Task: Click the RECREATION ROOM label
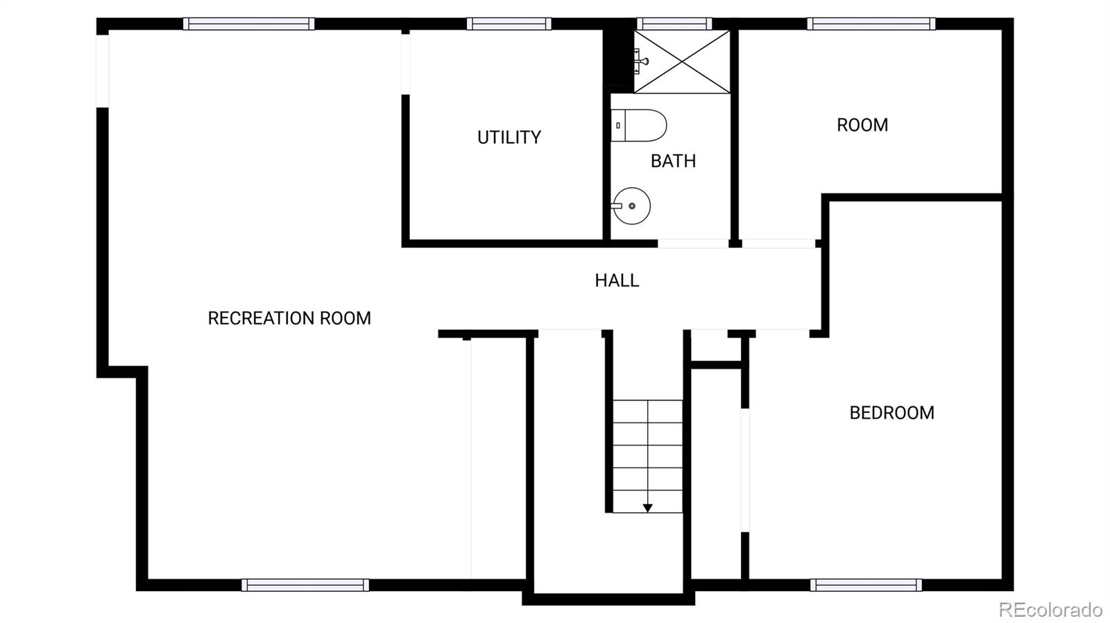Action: pyautogui.click(x=289, y=318)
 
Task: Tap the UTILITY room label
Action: pyautogui.click(x=509, y=137)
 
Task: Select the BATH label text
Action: pyautogui.click(x=673, y=161)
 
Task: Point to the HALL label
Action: pyautogui.click(x=617, y=280)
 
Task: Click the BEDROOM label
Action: pyautogui.click(x=891, y=413)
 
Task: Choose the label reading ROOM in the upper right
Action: pyautogui.click(x=862, y=125)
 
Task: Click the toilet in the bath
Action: pyautogui.click(x=639, y=125)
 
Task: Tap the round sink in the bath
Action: pyautogui.click(x=631, y=206)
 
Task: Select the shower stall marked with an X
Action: pyautogui.click(x=683, y=62)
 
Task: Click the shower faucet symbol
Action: pyautogui.click(x=641, y=62)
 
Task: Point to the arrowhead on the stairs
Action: pyautogui.click(x=647, y=508)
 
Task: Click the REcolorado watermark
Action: pyautogui.click(x=1050, y=609)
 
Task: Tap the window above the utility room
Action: pyautogui.click(x=509, y=24)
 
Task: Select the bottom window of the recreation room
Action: pyautogui.click(x=305, y=585)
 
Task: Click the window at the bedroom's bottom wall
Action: pyautogui.click(x=866, y=585)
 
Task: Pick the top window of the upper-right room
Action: pyautogui.click(x=871, y=24)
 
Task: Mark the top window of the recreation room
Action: pyautogui.click(x=248, y=24)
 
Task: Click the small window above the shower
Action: pyautogui.click(x=674, y=24)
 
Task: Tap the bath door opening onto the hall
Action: pyautogui.click(x=693, y=243)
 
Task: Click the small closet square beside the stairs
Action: pyautogui.click(x=717, y=346)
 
